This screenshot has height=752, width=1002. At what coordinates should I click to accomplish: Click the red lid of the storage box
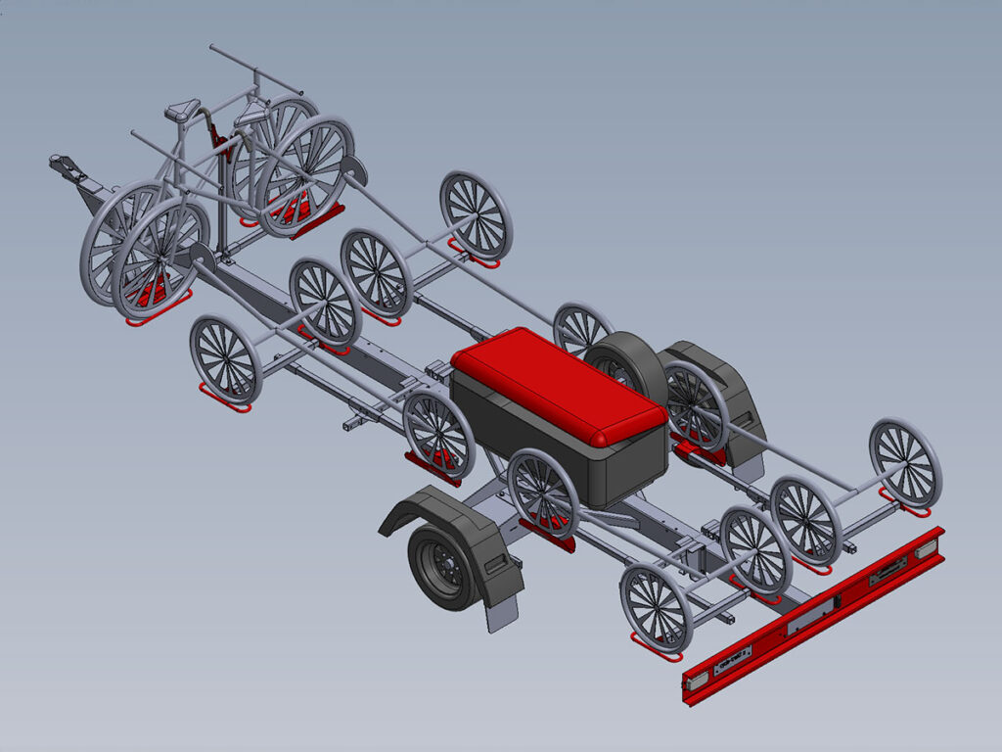pos(558,385)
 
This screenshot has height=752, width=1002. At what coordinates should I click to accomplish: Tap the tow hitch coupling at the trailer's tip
pos(67,165)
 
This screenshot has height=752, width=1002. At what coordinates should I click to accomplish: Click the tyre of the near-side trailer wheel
pos(431,583)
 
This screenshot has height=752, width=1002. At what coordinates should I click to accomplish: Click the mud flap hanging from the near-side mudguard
pos(503,613)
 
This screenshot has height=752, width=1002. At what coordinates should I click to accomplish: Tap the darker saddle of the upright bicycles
pos(183,111)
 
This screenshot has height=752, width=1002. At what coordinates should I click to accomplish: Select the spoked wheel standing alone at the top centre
pos(477,215)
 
